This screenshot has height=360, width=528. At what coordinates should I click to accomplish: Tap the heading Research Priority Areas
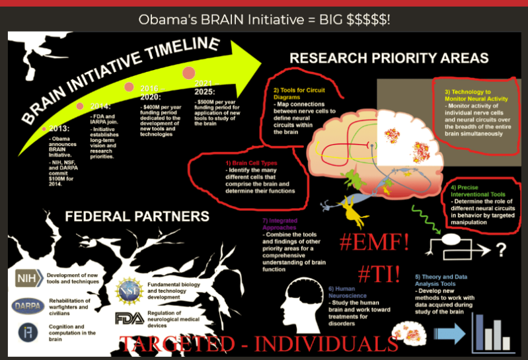[389, 58]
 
